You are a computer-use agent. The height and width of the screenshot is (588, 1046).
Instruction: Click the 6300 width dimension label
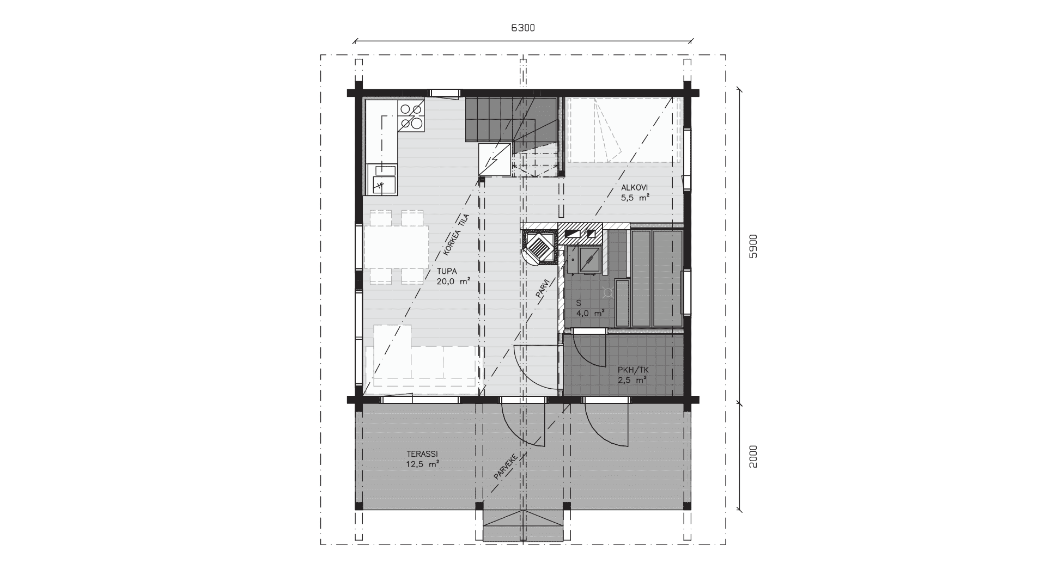(522, 28)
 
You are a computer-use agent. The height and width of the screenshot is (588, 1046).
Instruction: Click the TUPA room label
(446, 271)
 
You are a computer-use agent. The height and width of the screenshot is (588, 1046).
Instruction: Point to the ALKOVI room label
(635, 188)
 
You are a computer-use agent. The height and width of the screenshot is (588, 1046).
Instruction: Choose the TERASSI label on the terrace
(422, 454)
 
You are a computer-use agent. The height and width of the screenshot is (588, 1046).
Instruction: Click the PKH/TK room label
(633, 370)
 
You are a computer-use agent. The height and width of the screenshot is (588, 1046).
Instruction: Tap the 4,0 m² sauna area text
(590, 313)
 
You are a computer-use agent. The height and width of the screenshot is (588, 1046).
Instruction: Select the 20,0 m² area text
(453, 281)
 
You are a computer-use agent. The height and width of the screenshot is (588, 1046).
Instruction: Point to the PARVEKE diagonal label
(506, 466)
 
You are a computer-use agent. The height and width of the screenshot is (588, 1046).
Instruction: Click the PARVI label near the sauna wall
(542, 288)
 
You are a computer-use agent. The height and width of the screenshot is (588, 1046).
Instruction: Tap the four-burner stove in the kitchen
(411, 117)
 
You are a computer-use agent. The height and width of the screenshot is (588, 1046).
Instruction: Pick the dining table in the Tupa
(396, 247)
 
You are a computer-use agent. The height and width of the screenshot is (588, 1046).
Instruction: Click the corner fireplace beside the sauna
(540, 247)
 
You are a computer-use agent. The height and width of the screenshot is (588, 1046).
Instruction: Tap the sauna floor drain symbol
(608, 293)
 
